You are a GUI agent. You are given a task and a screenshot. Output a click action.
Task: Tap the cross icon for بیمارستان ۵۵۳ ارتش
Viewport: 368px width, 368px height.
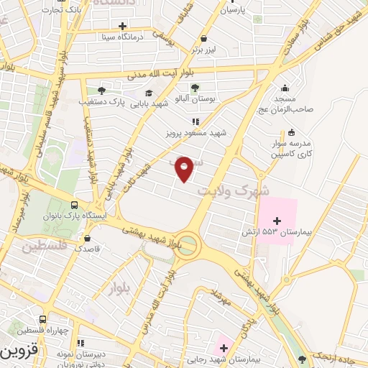(277, 219)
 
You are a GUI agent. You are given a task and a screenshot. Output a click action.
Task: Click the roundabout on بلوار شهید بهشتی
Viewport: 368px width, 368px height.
(188, 243)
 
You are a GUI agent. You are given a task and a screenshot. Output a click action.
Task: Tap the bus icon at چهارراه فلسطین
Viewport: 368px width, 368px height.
(43, 320)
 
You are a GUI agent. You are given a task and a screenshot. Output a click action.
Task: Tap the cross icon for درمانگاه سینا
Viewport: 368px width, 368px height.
(122, 26)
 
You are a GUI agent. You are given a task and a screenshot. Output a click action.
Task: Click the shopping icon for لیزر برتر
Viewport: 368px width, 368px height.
(205, 39)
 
